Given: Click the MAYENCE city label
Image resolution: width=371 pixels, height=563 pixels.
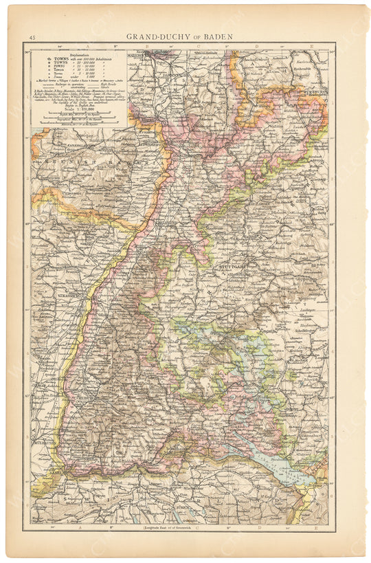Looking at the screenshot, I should click(139, 52).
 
